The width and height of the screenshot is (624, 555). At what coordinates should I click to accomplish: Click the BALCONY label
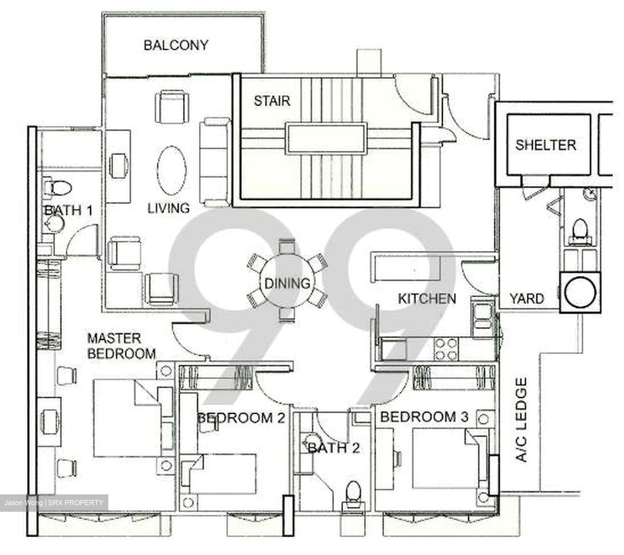click(175, 45)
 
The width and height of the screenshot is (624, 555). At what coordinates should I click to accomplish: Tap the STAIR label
click(272, 101)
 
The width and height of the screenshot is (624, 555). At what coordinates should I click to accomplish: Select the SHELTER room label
click(546, 145)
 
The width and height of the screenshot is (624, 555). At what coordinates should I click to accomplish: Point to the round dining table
click(287, 283)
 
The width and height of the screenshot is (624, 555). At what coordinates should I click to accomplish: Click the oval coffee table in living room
click(172, 171)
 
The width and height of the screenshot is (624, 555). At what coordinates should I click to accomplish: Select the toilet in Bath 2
click(353, 494)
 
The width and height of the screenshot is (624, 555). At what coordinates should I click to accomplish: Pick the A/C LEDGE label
click(523, 419)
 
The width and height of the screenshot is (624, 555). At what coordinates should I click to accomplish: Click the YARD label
click(526, 299)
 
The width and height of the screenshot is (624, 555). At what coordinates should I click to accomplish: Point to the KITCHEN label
click(427, 298)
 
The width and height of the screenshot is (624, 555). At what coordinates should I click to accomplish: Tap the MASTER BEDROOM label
click(121, 346)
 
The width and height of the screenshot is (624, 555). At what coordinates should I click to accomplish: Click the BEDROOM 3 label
click(424, 417)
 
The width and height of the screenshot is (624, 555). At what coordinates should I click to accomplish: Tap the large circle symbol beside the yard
click(580, 292)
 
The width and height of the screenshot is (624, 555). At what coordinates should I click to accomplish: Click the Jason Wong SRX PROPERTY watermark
click(54, 503)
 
